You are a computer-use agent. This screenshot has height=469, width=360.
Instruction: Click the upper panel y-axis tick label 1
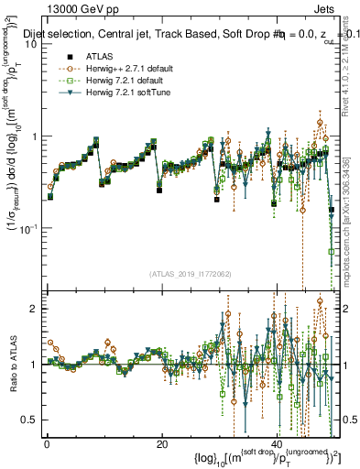[36, 136]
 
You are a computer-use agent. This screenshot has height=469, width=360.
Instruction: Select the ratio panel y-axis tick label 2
[36, 309]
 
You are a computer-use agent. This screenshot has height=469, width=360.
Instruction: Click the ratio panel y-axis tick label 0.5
[32, 420]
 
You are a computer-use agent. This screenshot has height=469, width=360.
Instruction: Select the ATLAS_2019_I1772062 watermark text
[191, 274]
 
